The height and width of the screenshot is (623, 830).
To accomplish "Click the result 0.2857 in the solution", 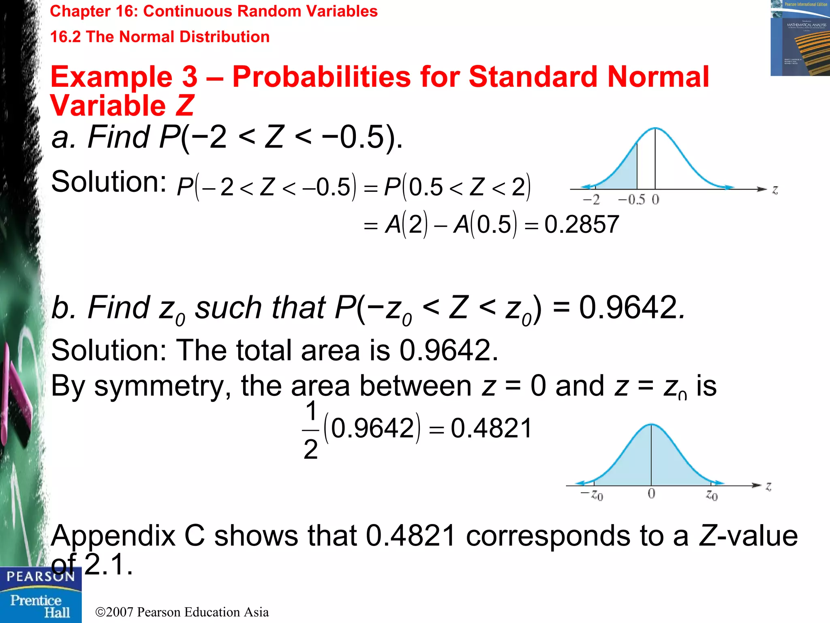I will click(x=582, y=224).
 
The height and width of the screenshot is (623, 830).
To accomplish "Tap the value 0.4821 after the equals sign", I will click(x=491, y=428).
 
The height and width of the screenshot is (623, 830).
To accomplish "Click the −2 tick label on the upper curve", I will click(x=591, y=200).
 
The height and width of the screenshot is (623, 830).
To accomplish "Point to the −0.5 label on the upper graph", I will click(x=631, y=200).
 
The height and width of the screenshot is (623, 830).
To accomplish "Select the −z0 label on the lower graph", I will click(x=592, y=495).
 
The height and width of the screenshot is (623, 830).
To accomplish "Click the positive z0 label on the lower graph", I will click(x=712, y=495).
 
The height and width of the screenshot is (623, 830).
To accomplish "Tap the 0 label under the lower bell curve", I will click(x=651, y=494).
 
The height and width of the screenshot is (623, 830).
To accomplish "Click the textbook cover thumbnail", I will click(x=800, y=38).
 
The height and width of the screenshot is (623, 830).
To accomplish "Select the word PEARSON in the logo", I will click(x=41, y=577).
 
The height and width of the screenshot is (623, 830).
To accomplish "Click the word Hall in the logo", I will click(x=57, y=612).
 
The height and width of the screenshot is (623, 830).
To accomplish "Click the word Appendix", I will click(x=113, y=536).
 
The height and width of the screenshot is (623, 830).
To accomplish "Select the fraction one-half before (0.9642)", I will click(x=311, y=430).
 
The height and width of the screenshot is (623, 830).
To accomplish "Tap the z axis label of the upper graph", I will click(x=775, y=190).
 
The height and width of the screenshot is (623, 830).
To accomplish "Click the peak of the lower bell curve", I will click(x=651, y=425).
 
